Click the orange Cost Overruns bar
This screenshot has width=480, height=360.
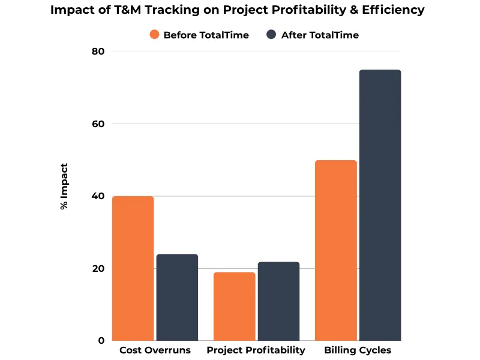point(133,268)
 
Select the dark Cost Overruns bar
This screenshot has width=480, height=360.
point(177,297)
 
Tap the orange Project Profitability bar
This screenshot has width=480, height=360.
point(235,306)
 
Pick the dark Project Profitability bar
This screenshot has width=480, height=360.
point(278,301)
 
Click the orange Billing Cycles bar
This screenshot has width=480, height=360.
point(336,250)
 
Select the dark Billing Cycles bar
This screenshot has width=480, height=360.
point(380,205)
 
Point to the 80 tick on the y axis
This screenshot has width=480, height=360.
point(98,52)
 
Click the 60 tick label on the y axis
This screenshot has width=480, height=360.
point(98,124)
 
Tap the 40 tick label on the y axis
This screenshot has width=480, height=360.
point(98,196)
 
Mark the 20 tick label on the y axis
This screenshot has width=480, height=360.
point(98,269)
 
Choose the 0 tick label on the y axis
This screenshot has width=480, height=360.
point(101,341)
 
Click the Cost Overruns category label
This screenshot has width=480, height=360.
point(155,350)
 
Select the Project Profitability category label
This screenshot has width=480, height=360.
point(256,350)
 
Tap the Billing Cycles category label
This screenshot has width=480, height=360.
point(358,350)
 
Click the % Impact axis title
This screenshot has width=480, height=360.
point(64,186)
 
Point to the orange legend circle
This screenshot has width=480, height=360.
point(155,35)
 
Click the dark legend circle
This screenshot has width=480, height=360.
point(271,35)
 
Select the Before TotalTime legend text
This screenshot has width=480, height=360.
point(206,35)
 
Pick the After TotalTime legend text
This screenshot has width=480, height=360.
point(320,35)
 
